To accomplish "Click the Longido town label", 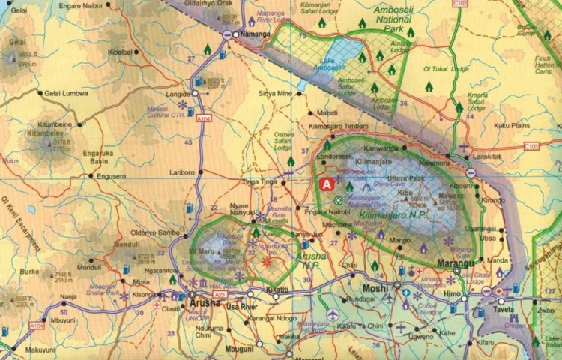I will pos(178,94).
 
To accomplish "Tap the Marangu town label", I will pos(453,263).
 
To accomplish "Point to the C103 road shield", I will pos(531,146).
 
